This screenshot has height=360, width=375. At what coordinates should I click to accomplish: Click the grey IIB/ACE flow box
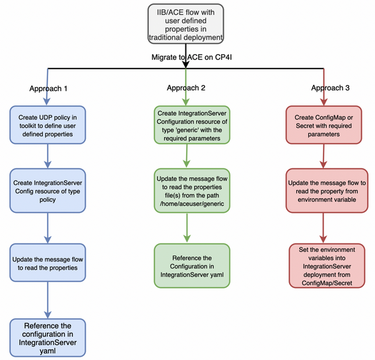tap(186, 24)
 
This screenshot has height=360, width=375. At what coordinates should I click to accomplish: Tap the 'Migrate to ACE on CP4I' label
tap(191, 57)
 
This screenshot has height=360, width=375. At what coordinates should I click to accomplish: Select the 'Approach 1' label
tap(48, 88)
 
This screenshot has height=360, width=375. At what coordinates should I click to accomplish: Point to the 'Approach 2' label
tap(186, 88)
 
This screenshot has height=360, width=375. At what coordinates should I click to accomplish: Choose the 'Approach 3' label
tap(330, 88)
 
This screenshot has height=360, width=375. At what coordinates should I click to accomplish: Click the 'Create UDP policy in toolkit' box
tap(48, 125)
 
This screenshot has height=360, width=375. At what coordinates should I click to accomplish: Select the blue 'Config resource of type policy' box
tap(48, 191)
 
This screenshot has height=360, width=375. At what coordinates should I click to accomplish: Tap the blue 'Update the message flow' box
tap(48, 263)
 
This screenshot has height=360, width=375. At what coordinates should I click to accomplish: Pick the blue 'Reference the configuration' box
tap(48, 338)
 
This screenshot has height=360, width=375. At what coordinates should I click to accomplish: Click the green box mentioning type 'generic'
tap(192, 125)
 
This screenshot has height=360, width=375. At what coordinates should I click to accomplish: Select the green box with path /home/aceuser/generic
tap(192, 191)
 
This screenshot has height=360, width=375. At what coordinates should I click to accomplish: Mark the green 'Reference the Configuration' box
tap(192, 266)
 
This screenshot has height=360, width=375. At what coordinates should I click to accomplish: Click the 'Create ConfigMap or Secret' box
tap(324, 125)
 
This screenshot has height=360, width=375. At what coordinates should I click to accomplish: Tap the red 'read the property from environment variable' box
tap(327, 191)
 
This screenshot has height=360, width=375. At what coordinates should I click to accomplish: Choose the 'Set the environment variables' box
tap(327, 266)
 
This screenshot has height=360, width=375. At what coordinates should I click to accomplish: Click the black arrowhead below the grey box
tap(186, 65)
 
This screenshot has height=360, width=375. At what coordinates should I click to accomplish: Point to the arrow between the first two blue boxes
tap(48, 156)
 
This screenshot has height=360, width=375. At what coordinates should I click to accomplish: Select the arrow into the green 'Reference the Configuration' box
tap(187, 228)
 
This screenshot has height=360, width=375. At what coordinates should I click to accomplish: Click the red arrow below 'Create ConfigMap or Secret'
tap(324, 156)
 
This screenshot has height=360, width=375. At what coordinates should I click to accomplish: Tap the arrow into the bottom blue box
tap(48, 300)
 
